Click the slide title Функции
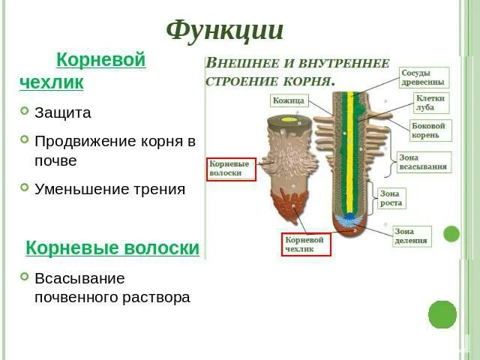224,31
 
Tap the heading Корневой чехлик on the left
82,70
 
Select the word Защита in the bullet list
63,113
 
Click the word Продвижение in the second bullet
82,141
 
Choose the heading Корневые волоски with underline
112,248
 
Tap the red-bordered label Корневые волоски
232,168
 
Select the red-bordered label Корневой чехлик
305,244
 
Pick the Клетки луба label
431,103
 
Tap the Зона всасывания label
424,162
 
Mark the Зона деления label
412,236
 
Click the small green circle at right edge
451,233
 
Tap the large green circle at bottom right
442,313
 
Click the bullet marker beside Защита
25,112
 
